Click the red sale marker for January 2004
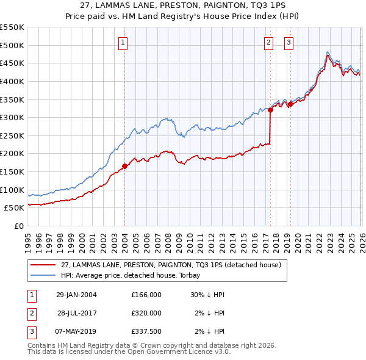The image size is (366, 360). click(x=125, y=165)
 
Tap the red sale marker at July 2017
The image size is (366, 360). click(x=270, y=110)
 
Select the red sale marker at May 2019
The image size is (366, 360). click(x=290, y=104)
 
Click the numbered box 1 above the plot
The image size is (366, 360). click(x=123, y=43)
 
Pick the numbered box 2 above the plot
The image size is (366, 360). click(x=268, y=43)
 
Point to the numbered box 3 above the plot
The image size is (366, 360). click(x=288, y=43)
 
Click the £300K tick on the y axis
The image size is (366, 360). click(x=12, y=117)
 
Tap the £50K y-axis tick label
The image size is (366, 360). click(x=14, y=207)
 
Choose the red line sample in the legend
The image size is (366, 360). click(x=42, y=265)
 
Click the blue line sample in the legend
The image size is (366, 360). click(x=42, y=276)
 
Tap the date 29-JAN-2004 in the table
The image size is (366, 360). click(x=76, y=295)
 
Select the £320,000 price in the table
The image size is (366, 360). click(x=146, y=313)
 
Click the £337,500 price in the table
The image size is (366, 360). click(x=146, y=331)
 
